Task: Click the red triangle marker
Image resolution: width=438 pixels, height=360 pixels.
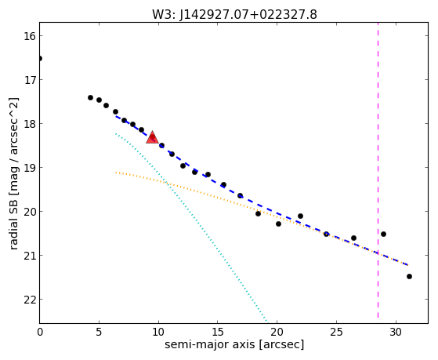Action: [152, 137]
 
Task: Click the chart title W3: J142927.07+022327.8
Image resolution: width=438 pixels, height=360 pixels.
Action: [234, 14]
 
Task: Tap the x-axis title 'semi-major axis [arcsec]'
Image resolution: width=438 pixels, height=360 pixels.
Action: [234, 344]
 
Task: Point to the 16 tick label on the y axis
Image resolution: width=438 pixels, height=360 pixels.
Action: [29, 36]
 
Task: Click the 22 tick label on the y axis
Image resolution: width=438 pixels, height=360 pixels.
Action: [29, 300]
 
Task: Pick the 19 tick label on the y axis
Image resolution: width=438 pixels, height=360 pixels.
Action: [29, 168]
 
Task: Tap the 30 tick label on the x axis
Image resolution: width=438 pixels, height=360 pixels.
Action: [396, 333]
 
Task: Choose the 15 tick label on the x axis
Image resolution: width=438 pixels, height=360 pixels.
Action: [218, 333]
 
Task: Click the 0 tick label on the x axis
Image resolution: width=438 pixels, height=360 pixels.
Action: [40, 333]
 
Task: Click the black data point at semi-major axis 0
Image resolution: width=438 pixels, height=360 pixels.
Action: [40, 59]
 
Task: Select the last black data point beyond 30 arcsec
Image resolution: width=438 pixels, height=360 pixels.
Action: [409, 276]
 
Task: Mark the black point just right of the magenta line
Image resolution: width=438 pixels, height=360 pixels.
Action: [383, 234]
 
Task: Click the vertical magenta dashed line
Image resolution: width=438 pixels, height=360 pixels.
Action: [378, 170]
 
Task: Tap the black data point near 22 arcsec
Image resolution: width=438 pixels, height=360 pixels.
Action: [300, 216]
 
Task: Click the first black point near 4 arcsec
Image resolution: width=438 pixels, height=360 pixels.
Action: [90, 97]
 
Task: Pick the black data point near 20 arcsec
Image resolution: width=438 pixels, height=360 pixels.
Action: [278, 224]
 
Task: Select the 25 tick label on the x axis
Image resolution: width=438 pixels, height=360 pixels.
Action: [336, 333]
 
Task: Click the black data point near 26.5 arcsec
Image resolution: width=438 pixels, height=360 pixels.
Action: [353, 238]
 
